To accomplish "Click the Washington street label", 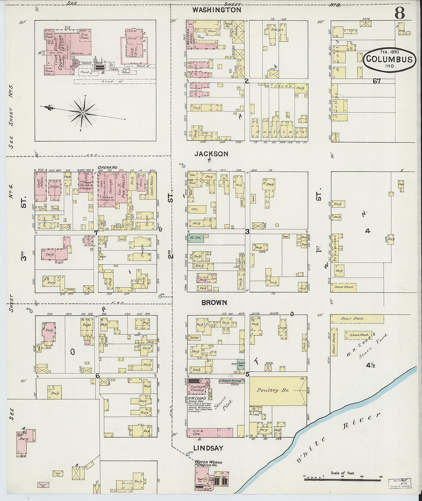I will click(x=216, y=10).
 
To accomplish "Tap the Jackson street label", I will click(x=211, y=154).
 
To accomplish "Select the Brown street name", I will click(x=214, y=303).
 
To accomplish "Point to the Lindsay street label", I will click(x=208, y=448).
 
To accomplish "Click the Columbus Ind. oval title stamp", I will click(x=389, y=60).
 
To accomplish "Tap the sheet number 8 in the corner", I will click(x=399, y=13).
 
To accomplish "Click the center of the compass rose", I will click(x=82, y=113).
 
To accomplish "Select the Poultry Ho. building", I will click(x=273, y=390).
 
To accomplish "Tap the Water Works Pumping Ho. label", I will click(x=208, y=463).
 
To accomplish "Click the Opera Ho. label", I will click(x=107, y=167).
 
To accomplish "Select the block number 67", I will click(x=376, y=81).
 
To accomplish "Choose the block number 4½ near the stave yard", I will click(x=371, y=365).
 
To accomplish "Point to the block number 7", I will click(x=96, y=233).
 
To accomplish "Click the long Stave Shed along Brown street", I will click(x=357, y=319).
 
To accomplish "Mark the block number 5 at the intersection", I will click(x=247, y=374).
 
